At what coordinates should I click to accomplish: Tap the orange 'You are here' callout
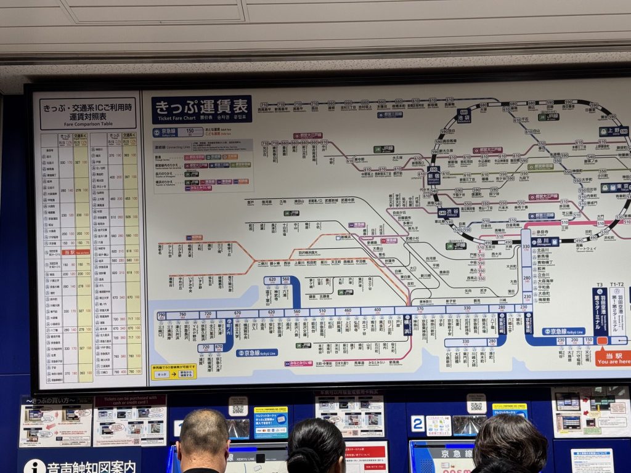click(613, 358)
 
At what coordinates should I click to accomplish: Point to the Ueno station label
click(613, 131)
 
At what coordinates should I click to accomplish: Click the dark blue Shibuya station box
click(449, 212)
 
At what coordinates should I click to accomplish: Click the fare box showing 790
click(161, 315)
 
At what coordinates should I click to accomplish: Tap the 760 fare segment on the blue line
click(182, 315)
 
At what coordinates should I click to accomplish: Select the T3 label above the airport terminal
click(599, 285)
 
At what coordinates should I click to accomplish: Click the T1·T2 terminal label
click(617, 285)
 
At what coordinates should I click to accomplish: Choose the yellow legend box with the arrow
click(174, 371)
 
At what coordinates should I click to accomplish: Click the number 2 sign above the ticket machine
click(417, 423)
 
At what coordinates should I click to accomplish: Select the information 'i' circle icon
click(35, 466)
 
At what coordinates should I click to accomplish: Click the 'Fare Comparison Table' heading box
click(88, 111)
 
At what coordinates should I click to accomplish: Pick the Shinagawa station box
click(545, 242)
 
